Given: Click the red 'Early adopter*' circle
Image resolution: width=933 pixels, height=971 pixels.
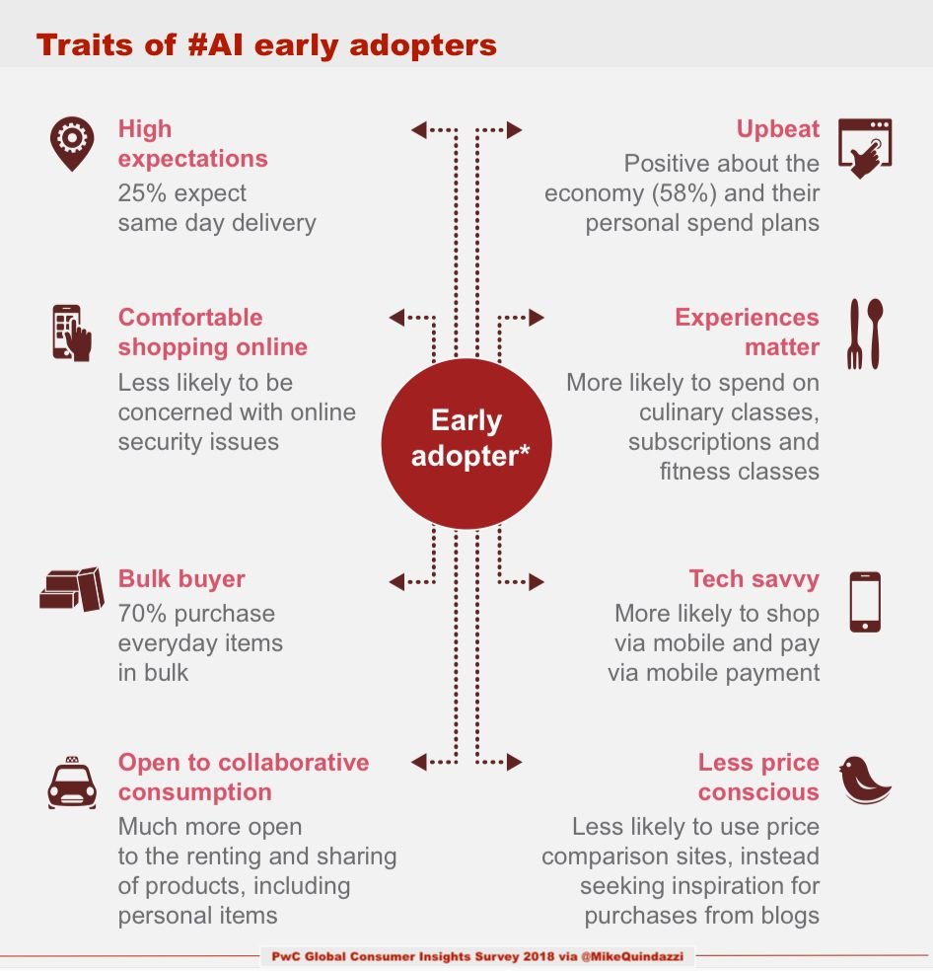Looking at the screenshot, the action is click(466, 438).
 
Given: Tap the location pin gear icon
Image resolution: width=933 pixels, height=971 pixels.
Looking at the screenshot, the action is click(72, 143).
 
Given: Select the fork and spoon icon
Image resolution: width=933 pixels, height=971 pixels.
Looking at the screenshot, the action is click(865, 334).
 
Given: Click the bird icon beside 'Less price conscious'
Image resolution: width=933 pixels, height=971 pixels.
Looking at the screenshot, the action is click(865, 780).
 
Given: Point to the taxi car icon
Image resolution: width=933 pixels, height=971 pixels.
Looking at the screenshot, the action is click(72, 783).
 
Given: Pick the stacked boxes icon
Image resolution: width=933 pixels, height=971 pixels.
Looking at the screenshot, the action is click(72, 589).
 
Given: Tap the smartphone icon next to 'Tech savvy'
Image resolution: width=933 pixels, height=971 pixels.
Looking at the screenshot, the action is click(865, 602).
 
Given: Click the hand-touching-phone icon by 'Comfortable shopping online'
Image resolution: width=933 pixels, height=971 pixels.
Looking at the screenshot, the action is click(72, 333).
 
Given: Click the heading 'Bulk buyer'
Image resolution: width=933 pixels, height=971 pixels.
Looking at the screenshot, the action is click(181, 578).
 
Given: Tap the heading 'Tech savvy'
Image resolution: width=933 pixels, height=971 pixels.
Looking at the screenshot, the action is click(754, 578).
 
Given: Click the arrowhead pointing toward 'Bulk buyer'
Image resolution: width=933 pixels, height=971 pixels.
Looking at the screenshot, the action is click(396, 581).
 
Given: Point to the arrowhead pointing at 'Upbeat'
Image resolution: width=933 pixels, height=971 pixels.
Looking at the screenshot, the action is click(515, 129).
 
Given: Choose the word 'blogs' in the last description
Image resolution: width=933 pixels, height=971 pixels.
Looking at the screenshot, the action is click(787, 915).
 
